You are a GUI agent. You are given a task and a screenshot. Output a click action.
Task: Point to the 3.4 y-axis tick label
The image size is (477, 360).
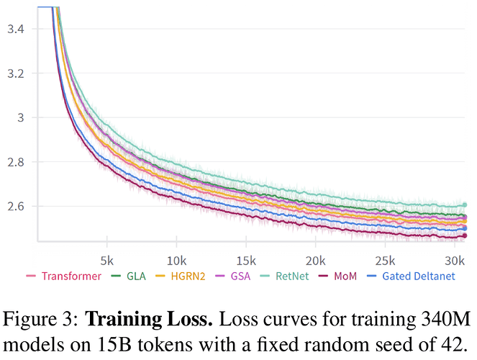[16, 30]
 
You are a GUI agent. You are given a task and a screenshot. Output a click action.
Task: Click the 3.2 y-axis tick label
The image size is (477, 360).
[16, 74]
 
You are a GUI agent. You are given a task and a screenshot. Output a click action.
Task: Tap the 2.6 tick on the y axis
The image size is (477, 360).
[16, 207]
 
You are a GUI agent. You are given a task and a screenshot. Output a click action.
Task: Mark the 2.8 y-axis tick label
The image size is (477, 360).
[16, 163]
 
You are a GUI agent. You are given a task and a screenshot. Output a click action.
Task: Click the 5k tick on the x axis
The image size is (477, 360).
[107, 258]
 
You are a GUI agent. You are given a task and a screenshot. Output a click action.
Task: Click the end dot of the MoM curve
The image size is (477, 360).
[464, 235]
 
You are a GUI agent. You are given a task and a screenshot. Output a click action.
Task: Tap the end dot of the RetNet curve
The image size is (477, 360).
[464, 205]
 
